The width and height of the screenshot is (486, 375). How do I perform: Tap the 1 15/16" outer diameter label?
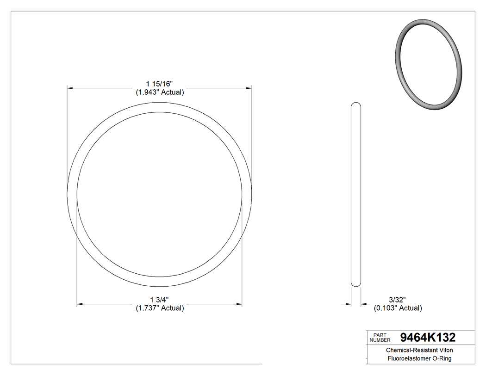point(159,84)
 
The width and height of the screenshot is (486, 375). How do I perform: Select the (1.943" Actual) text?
point(160,92)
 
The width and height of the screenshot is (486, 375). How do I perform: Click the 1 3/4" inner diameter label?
point(159,300)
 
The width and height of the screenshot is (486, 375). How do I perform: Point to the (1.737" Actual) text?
point(160,308)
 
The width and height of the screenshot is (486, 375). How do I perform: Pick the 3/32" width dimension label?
point(397,300)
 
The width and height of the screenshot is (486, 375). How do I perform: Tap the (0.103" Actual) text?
point(398,308)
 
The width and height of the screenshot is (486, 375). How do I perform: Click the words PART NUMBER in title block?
point(380,338)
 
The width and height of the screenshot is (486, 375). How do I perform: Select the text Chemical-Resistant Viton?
point(419,350)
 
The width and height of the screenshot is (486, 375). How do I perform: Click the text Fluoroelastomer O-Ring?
point(419,358)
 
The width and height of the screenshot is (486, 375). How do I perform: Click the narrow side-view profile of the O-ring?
point(356,194)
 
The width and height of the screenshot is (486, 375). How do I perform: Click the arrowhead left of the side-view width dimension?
point(349,304)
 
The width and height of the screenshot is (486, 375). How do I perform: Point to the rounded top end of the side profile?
point(356,105)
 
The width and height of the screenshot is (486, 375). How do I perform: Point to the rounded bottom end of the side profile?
point(356,283)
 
